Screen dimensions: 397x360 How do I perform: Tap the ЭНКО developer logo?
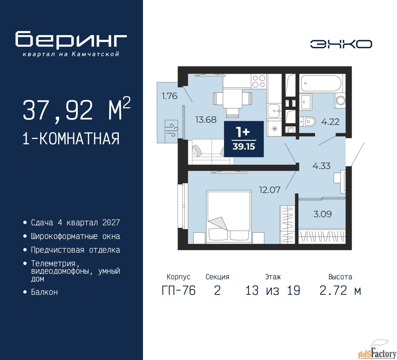coord(341,44)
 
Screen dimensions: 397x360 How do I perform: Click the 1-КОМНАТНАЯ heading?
coord(71,139)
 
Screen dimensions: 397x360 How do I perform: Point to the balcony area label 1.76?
coord(169,96)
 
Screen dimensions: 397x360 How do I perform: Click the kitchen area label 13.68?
coord(206,119)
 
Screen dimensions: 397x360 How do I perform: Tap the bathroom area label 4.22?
coord(330,122)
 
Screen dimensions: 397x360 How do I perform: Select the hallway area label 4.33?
coord(321,166)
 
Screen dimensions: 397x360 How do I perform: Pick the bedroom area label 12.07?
coord(270,190)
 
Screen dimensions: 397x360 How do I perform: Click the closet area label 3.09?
coord(322,214)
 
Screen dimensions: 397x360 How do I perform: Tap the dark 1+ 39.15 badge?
coord(244,139)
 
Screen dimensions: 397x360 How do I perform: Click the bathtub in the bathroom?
coord(321,83)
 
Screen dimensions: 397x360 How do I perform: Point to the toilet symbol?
coord(307,121)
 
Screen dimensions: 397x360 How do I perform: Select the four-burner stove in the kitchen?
coord(259,81)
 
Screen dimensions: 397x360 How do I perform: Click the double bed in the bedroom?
coord(229,217)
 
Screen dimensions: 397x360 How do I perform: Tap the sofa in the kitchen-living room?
coord(211,152)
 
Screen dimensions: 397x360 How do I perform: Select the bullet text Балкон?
coord(44,292)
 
